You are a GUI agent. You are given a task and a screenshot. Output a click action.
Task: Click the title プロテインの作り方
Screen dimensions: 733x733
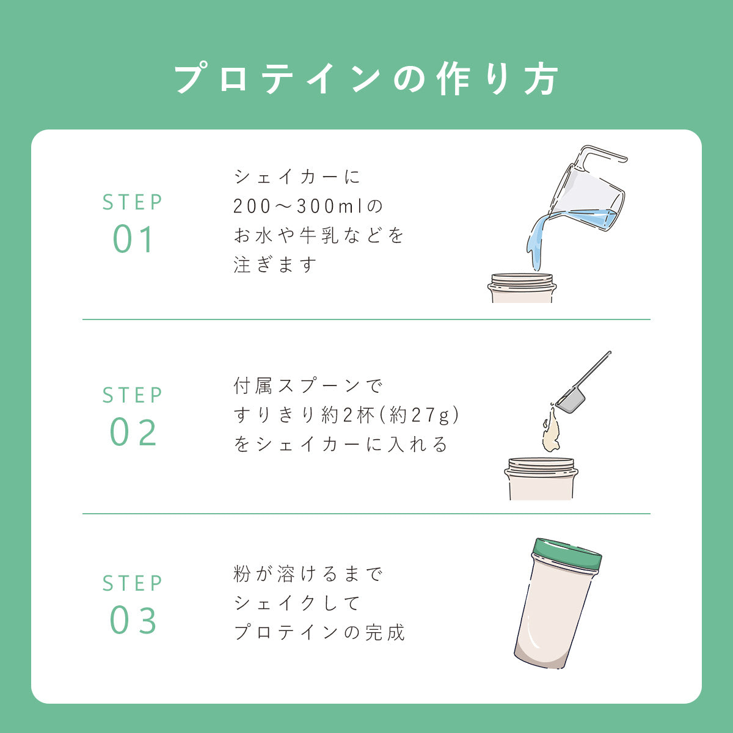tap(366, 79)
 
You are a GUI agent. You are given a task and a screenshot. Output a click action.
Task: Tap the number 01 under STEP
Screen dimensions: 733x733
tap(133, 239)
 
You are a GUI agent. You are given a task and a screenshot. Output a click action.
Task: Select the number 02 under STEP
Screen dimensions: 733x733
tap(133, 432)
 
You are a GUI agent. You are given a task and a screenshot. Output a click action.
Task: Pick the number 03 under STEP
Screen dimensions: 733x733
tap(133, 621)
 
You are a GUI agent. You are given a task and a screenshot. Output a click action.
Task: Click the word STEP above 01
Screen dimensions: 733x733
tap(133, 202)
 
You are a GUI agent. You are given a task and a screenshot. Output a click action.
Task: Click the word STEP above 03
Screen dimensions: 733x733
tap(133, 583)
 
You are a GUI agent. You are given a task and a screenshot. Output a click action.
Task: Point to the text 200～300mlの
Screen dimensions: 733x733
tap(308, 206)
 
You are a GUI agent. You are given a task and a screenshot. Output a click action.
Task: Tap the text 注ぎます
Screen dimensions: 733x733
tap(275, 264)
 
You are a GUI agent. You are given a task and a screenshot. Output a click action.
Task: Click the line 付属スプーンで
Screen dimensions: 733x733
tap(308, 385)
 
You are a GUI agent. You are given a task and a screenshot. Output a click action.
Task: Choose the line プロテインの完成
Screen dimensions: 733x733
tap(319, 633)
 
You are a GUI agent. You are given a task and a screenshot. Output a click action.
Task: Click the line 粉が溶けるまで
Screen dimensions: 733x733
tap(308, 574)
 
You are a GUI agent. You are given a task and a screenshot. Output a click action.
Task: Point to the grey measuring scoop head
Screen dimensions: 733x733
tap(571, 401)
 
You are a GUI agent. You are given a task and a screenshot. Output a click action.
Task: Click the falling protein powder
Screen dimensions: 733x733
tap(551, 430)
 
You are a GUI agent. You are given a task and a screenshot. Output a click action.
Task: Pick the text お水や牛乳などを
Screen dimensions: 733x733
tap(319, 235)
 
